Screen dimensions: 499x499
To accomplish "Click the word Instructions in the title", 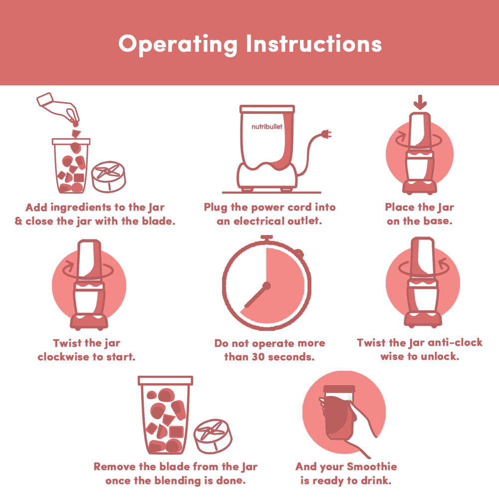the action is [x=314, y=43].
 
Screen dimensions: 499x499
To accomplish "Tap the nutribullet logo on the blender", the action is [x=267, y=127].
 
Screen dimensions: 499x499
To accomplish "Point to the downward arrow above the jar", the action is [x=420, y=102].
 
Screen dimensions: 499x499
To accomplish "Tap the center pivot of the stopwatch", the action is [x=266, y=286].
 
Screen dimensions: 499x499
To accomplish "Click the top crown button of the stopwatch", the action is [x=266, y=238].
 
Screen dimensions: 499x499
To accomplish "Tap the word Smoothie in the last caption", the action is [x=372, y=466].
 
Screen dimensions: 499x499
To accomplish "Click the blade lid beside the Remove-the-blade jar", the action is [x=213, y=436].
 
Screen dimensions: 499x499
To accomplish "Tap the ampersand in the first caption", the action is [x=18, y=221].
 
